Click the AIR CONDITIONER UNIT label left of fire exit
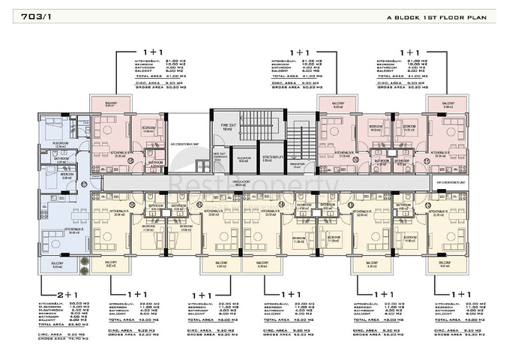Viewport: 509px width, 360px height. pos(184,144)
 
